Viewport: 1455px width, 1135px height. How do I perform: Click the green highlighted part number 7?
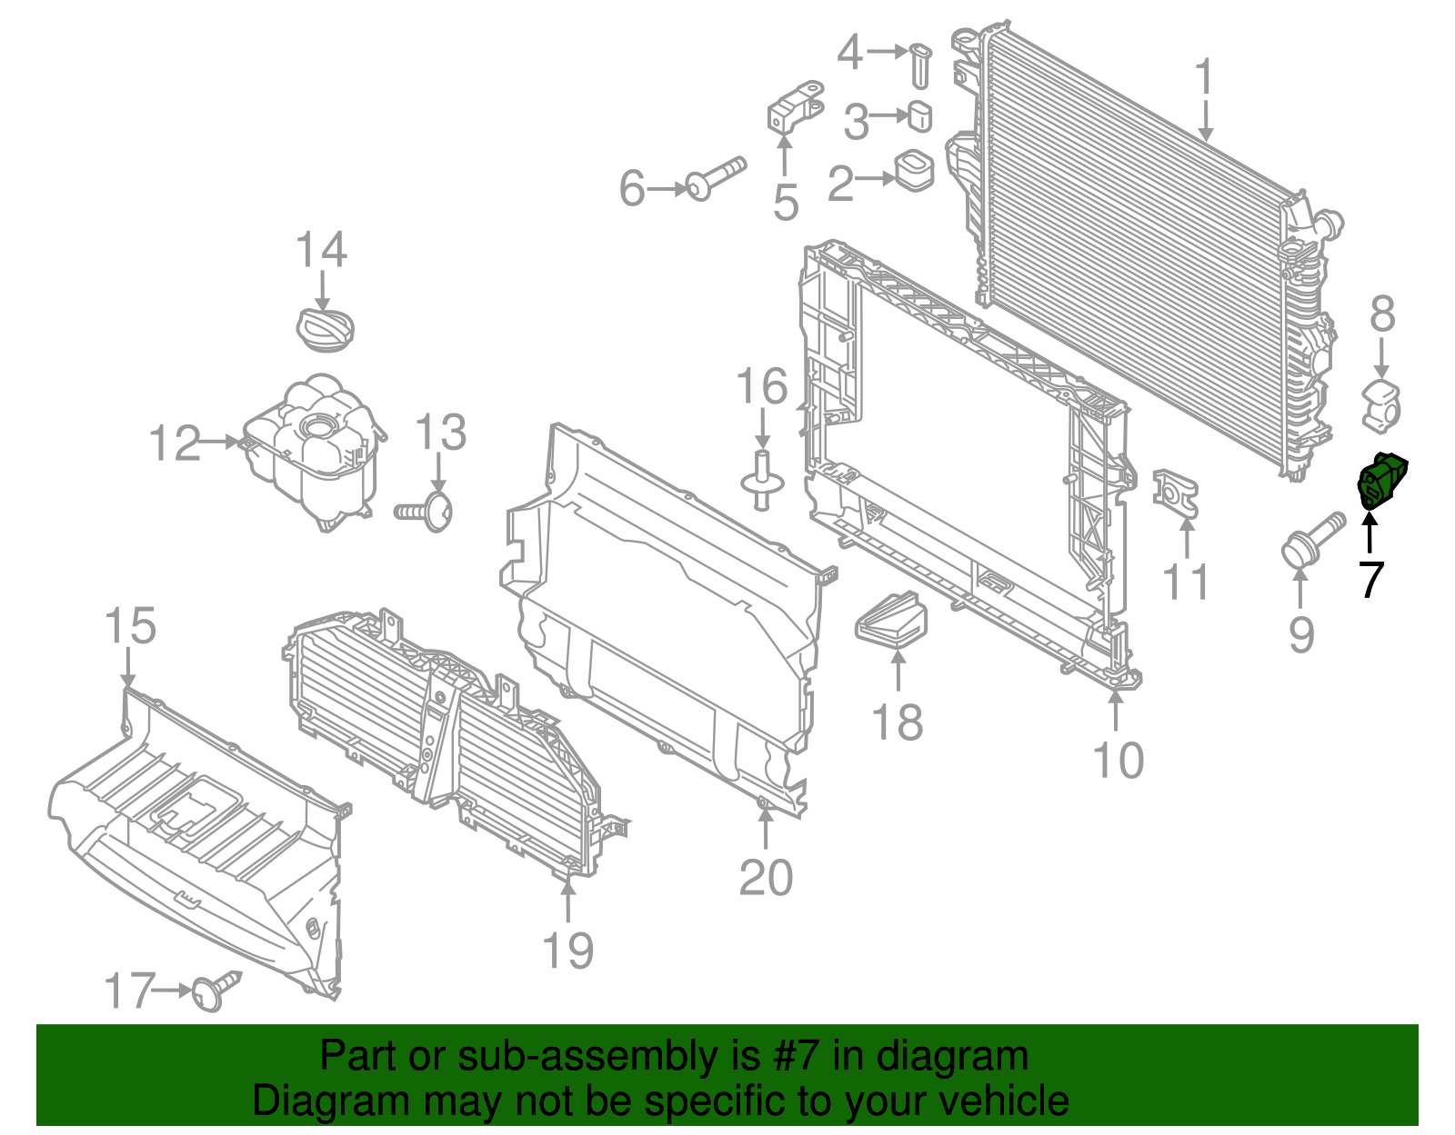[x=1381, y=480]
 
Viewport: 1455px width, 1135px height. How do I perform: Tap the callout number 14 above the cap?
[x=321, y=250]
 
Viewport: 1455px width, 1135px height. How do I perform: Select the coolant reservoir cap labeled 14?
[x=326, y=328]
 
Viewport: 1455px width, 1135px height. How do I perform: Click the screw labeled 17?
[x=216, y=990]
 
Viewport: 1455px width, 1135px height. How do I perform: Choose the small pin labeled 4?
[x=921, y=65]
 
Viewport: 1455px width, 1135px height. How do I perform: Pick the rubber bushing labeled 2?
[x=914, y=170]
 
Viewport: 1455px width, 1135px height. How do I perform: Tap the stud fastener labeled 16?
[x=762, y=480]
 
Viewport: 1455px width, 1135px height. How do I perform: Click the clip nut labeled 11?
[x=1175, y=493]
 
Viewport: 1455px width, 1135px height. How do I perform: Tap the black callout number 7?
[x=1370, y=579]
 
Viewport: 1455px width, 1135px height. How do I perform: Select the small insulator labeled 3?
[x=920, y=117]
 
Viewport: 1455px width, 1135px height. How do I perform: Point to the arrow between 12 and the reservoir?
[x=220, y=442]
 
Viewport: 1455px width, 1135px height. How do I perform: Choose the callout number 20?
[x=766, y=878]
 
